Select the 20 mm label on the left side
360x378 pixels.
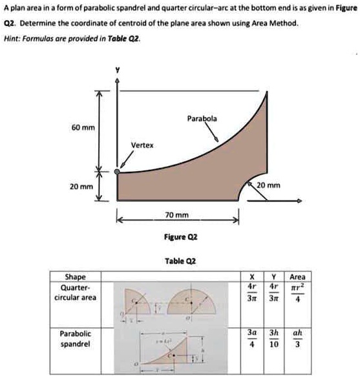tap(81, 186)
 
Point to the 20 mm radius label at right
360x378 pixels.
tap(269, 185)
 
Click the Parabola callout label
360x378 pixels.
tap(202, 119)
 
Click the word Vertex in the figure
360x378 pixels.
tap(142, 145)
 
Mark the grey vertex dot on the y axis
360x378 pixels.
tap(117, 172)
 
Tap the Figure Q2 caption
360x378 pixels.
tap(176, 236)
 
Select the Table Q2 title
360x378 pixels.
tap(176, 261)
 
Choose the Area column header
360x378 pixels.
tap(298, 277)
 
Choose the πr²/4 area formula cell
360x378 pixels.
tap(298, 294)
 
